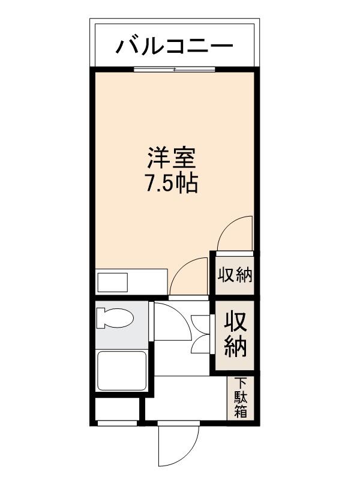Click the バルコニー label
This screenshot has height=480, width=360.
(174, 46)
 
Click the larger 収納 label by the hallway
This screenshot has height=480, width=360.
(236, 335)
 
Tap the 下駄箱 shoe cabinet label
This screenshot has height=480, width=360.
(241, 397)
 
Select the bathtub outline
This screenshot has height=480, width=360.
(122, 370)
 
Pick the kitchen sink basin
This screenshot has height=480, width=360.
(113, 282)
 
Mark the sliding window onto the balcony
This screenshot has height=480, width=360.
(174, 70)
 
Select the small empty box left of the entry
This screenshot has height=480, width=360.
(118, 411)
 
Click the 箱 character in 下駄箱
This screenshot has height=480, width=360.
(241, 412)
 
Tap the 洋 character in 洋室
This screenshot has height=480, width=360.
(158, 160)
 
